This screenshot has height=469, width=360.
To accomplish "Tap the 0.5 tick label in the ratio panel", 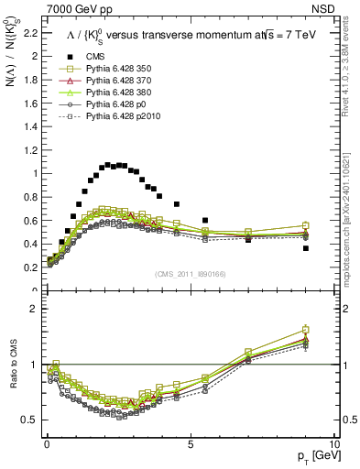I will point(31,419).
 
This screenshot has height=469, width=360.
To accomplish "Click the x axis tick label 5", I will point(190,442).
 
